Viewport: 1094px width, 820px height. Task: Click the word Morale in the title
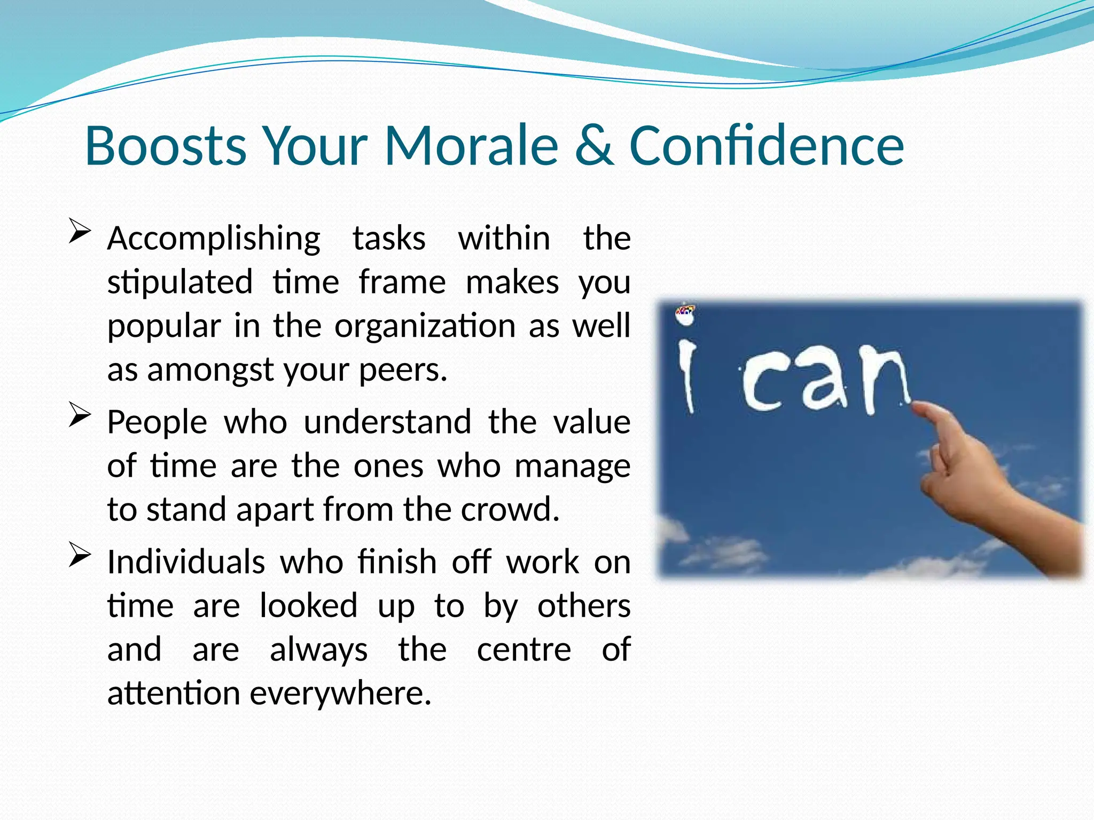click(x=471, y=145)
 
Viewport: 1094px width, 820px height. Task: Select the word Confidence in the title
click(x=767, y=145)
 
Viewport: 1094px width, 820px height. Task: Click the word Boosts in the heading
click(x=166, y=145)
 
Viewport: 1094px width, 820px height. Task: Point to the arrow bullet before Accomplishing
click(x=79, y=233)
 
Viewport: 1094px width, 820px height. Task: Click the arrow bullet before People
click(x=79, y=416)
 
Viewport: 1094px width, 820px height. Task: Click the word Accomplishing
click(x=214, y=239)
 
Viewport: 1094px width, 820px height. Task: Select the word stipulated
click(x=180, y=283)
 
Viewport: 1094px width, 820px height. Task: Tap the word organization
click(x=425, y=326)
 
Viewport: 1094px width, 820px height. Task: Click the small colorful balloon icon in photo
click(x=685, y=314)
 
